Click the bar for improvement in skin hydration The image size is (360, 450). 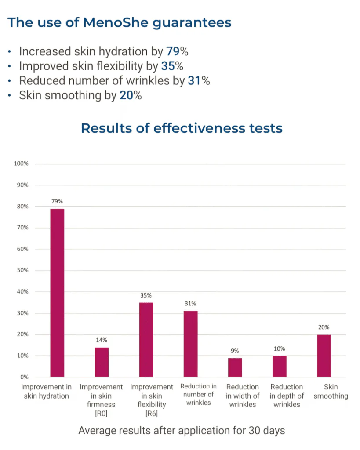57,293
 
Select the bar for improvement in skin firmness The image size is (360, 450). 102,362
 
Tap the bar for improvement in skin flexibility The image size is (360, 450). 146,339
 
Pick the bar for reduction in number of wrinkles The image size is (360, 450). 190,344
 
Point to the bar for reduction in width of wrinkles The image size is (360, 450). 235,367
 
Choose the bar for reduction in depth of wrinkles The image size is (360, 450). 279,366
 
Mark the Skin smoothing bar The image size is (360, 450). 324,356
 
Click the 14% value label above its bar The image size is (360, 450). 102,340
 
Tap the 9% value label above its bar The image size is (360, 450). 235,351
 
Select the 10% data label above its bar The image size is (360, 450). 279,348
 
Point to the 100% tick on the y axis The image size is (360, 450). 21,164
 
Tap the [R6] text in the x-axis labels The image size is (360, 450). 152,414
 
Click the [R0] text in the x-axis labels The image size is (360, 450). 101,414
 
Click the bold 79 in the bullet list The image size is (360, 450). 173,51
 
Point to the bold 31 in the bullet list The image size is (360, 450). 194,81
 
